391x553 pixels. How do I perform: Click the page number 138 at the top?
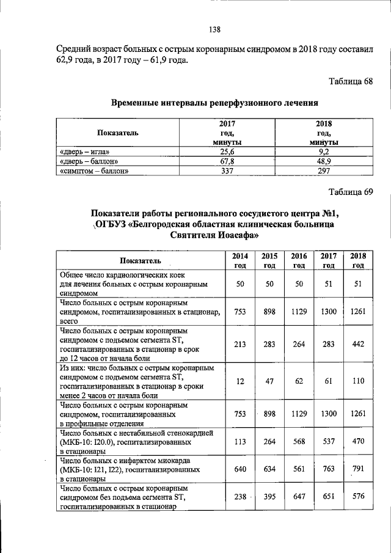214,29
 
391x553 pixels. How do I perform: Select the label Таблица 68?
351,82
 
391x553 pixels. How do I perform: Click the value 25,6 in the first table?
227,152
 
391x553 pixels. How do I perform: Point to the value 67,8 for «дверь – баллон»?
227,161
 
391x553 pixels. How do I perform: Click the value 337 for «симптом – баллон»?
227,171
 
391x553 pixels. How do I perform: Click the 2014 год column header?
239,260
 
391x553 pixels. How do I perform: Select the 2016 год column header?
299,260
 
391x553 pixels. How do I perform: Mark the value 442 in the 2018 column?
358,344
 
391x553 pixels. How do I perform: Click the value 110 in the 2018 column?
358,381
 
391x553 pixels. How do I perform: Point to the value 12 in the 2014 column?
239,381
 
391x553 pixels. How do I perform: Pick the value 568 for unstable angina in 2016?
299,442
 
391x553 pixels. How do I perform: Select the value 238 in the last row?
239,497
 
